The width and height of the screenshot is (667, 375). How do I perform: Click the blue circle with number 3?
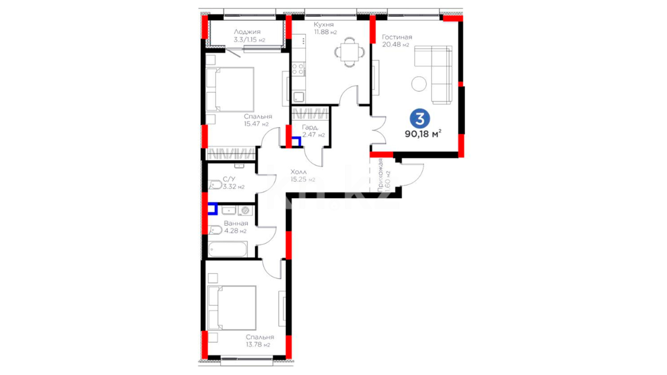420,119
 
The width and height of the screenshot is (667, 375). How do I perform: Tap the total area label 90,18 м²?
423,134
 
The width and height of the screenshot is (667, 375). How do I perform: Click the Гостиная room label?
397,37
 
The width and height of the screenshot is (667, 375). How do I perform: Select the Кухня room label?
323,25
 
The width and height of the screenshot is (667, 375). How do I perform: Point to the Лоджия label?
247,32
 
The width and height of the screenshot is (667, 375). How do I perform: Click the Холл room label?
298,172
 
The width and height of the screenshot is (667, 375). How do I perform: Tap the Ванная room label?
236,223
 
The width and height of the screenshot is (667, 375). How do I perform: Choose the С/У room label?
229,179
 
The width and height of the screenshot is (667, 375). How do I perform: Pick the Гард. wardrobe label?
310,127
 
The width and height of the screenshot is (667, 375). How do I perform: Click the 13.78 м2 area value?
258,345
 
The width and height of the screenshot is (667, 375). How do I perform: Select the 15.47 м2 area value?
256,124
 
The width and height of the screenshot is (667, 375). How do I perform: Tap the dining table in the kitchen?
350,52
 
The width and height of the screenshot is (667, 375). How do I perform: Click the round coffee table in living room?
419,84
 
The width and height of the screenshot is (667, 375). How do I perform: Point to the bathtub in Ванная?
228,249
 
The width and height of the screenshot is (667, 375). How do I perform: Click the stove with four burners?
298,69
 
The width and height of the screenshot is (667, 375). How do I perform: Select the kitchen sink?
298,97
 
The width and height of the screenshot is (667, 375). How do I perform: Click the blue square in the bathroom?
213,209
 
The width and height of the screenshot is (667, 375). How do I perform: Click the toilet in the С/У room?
215,185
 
